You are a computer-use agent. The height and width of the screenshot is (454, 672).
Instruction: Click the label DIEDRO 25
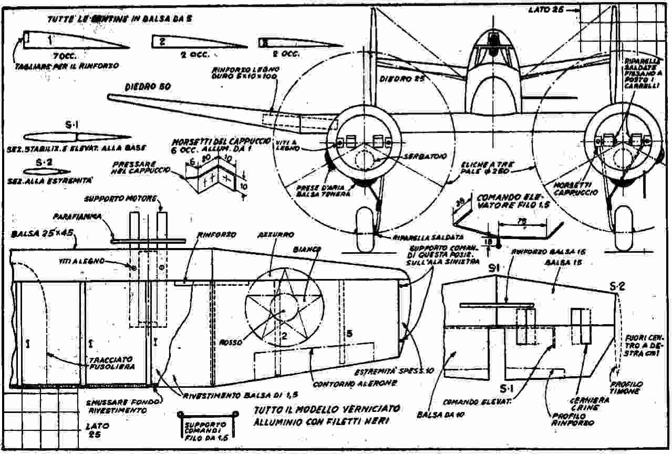pyautogui.click(x=402, y=79)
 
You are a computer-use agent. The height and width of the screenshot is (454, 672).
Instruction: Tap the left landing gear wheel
pyautogui.click(x=366, y=230)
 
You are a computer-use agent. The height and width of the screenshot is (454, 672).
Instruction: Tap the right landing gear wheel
pyautogui.click(x=625, y=230)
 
